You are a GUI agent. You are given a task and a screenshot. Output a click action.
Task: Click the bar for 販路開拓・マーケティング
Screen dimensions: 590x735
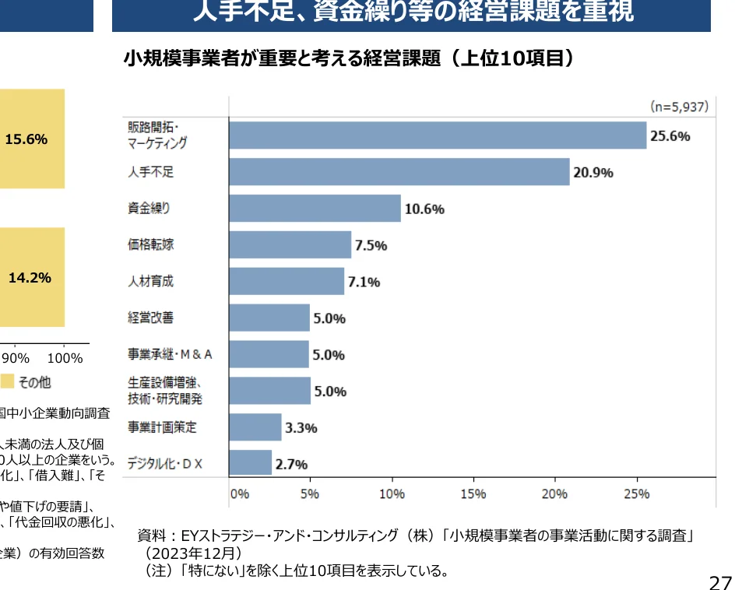tap(438, 135)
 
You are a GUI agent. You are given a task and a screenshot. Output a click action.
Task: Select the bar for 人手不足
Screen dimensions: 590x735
tap(399, 172)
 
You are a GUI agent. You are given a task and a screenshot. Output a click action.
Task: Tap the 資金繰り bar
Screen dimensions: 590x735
tap(315, 209)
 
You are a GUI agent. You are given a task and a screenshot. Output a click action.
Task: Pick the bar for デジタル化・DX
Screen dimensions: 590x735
tap(250, 463)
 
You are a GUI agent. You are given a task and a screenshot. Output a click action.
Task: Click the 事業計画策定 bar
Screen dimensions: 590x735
tap(255, 427)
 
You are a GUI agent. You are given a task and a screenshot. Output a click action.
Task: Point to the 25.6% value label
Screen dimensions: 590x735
tap(670, 136)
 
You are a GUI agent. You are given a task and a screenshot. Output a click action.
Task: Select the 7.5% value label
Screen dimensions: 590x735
tap(371, 245)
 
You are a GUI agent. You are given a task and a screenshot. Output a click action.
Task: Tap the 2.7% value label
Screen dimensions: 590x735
tap(291, 465)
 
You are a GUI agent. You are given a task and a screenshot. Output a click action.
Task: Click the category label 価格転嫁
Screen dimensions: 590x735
tap(151, 244)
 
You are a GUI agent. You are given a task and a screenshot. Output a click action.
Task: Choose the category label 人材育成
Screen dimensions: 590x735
tap(151, 281)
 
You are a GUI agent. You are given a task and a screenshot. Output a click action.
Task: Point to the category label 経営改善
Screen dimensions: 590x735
tap(151, 318)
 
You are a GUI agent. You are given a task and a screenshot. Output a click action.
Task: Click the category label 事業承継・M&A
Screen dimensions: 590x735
tap(170, 355)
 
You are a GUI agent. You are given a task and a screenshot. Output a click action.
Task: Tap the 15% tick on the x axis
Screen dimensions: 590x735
tap(473, 493)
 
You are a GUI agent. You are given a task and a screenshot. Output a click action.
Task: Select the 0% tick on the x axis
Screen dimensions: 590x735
tap(238, 493)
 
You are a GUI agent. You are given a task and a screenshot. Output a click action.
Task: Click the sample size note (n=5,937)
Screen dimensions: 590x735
tap(679, 107)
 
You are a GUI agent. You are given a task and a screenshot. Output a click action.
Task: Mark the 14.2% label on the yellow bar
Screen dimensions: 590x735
tap(30, 278)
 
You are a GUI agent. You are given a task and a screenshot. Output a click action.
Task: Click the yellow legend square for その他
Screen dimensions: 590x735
tap(7, 381)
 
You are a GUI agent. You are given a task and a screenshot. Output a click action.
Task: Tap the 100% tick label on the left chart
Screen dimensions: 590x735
tap(65, 358)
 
